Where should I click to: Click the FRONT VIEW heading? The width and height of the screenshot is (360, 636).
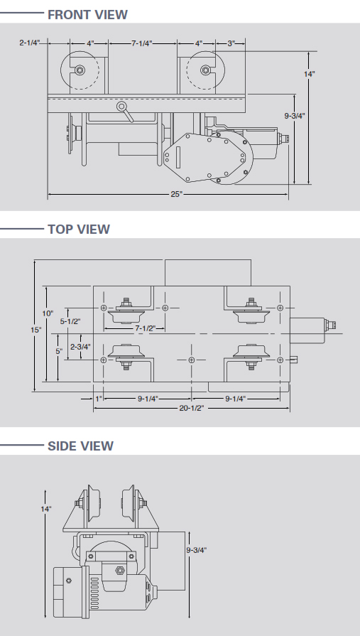point(87,14)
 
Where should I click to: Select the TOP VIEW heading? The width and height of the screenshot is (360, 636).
point(78,229)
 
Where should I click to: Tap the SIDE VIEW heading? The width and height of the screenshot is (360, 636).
point(80,446)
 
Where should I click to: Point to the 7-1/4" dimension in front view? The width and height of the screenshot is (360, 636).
point(142,43)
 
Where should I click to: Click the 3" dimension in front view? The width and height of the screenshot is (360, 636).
point(231,43)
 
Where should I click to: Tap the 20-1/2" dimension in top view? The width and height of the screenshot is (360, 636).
point(191,408)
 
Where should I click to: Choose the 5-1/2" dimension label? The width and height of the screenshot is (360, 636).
point(70,321)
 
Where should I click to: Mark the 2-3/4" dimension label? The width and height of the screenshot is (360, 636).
point(80,347)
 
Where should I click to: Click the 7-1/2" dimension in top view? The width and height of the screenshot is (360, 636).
point(134,328)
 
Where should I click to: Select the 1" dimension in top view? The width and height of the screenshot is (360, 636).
point(100,397)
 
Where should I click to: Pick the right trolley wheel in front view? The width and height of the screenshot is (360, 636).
point(205,70)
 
